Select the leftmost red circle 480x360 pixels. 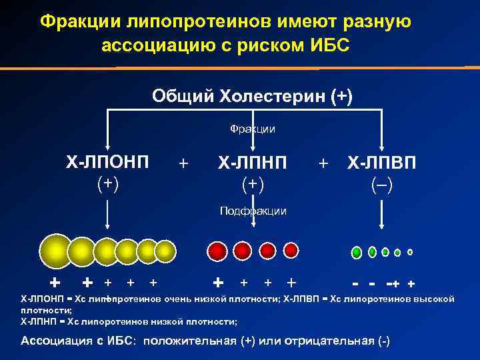pyautogui.click(x=217, y=251)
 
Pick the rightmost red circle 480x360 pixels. pyautogui.click(x=291, y=251)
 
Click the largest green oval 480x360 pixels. pyautogui.click(x=357, y=252)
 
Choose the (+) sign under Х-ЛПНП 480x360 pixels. pyautogui.click(x=253, y=183)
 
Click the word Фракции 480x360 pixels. pyautogui.click(x=253, y=128)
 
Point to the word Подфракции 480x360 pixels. pyautogui.click(x=253, y=211)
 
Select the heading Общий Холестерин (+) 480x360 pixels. pyautogui.click(x=253, y=96)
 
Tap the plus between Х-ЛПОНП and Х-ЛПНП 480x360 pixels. pyautogui.click(x=184, y=163)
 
